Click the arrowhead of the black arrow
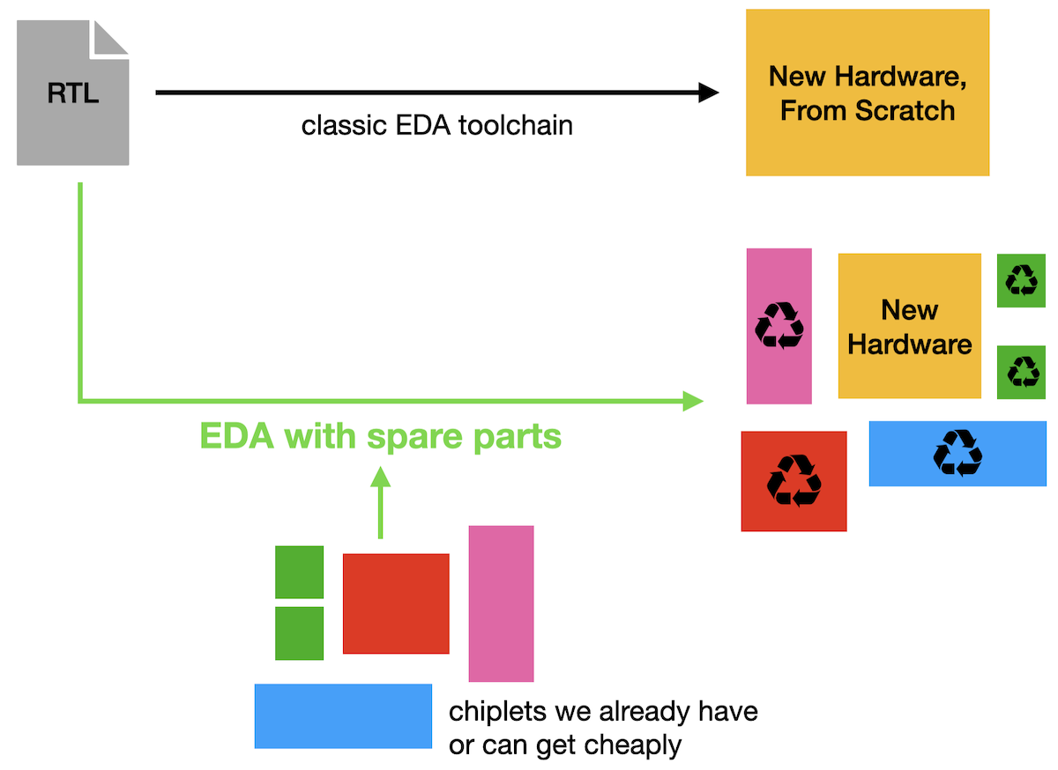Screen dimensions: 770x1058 709,92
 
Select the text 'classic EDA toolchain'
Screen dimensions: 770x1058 436,125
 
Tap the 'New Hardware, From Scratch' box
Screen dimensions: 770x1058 868,93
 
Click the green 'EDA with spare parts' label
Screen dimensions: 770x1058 380,436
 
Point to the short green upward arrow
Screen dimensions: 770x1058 380,502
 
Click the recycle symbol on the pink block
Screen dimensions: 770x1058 779,325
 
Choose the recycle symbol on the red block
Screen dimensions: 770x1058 793,480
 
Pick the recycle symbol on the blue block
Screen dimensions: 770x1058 957,453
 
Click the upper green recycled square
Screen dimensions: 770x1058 1022,280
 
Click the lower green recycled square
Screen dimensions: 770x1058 1022,372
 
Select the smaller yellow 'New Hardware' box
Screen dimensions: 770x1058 909,326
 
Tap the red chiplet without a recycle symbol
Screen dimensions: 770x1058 396,603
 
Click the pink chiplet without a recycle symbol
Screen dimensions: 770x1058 501,603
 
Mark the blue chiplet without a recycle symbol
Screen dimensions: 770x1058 343,716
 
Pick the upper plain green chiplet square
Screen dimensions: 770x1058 299,573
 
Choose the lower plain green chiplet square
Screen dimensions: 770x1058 299,633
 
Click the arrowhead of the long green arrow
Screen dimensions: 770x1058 694,402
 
